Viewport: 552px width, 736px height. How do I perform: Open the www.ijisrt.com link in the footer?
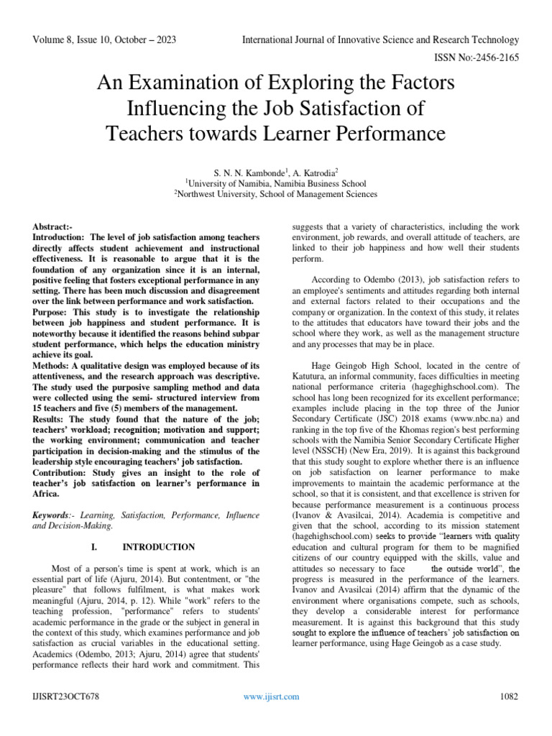(x=271, y=696)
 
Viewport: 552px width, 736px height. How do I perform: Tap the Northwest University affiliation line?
(x=275, y=193)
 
